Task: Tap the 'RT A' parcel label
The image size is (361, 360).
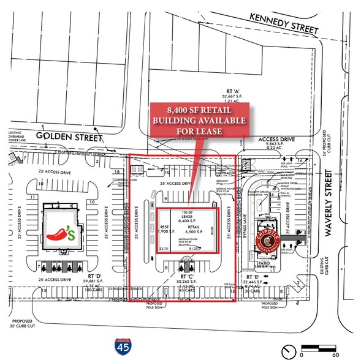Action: point(233,98)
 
